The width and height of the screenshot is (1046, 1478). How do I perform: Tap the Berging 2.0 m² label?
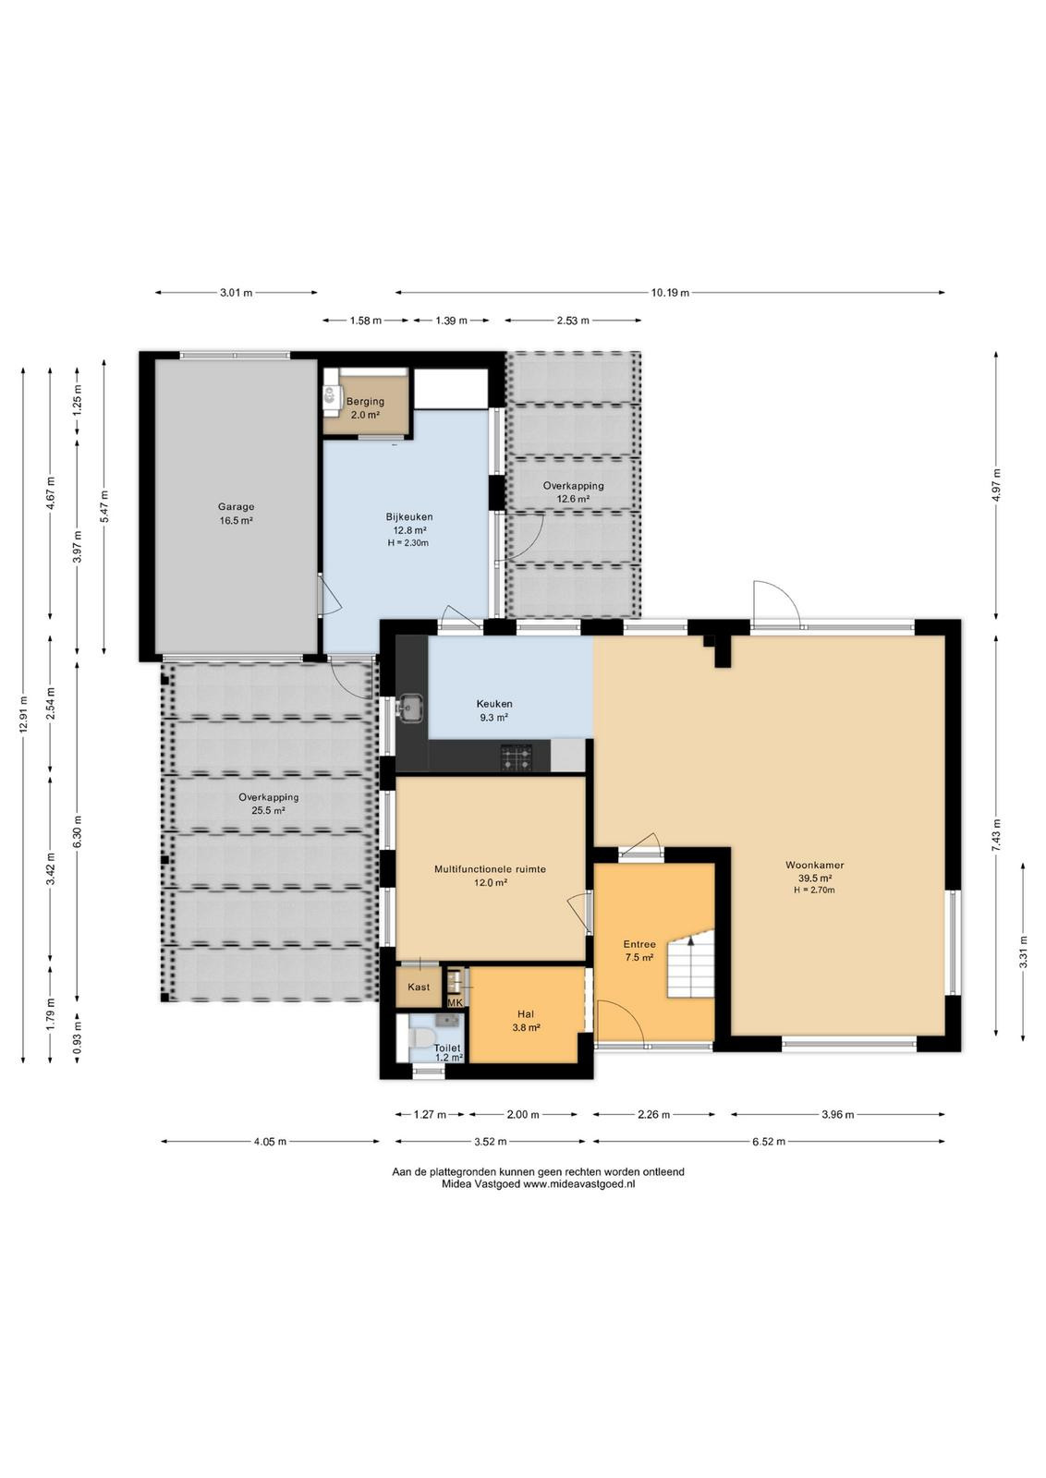click(365, 407)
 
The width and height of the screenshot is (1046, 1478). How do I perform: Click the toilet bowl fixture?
click(420, 1036)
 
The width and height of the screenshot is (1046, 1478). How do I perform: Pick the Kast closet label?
click(419, 987)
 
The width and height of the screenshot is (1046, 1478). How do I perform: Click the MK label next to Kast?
click(456, 1002)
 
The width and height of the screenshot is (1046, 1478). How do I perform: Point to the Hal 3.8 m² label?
click(526, 1021)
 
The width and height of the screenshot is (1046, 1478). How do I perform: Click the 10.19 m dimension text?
click(670, 292)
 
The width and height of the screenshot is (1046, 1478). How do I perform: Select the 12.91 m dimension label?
click(23, 715)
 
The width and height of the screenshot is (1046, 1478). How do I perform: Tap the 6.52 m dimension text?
click(768, 1142)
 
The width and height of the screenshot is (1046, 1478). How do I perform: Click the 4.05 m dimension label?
click(270, 1142)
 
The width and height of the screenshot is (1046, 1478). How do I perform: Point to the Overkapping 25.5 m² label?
click(269, 804)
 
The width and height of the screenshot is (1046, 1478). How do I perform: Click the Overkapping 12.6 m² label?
click(573, 492)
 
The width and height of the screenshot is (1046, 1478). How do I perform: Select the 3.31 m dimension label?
click(1023, 951)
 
